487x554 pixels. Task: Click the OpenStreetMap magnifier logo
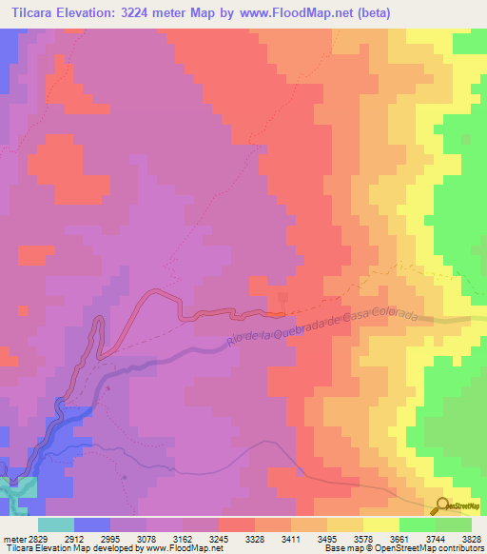click(442, 505)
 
